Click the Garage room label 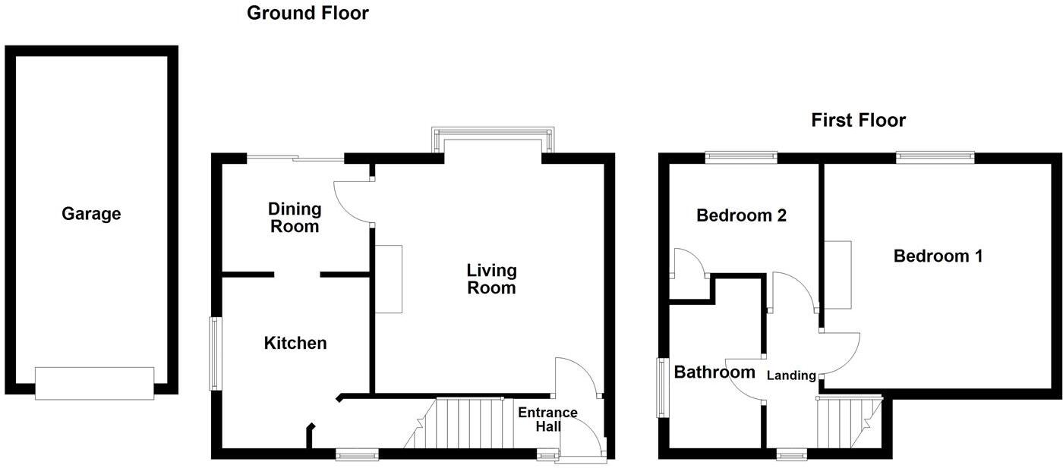[91, 214]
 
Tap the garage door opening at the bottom [94, 383]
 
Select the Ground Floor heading [308, 13]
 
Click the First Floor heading [858, 120]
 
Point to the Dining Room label [295, 217]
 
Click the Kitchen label [295, 343]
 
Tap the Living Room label [491, 278]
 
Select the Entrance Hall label [547, 419]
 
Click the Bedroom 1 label [938, 256]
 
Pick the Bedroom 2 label [741, 215]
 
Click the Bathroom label [714, 372]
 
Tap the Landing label [791, 375]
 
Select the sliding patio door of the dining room [296, 158]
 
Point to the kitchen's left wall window [216, 353]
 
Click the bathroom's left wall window [661, 387]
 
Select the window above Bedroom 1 [935, 158]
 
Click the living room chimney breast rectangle [388, 278]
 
